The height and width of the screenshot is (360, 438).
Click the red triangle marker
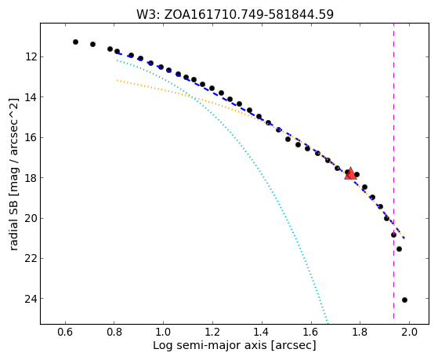point(350,173)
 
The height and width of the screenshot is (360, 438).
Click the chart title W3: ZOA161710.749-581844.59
point(235,14)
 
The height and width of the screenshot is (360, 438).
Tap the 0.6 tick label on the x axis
point(65,332)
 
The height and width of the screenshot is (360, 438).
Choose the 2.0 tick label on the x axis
point(409,332)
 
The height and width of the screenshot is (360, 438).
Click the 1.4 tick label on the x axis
point(262,332)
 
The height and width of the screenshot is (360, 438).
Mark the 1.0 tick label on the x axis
point(164,332)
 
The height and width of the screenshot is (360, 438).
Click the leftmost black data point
point(75,42)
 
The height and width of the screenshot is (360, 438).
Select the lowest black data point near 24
point(404,300)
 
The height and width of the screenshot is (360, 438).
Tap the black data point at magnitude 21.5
point(399,249)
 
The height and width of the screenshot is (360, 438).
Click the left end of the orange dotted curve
point(117,80)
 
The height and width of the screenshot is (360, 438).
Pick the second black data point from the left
point(92,44)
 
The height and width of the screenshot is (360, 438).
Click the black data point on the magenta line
point(393,235)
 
